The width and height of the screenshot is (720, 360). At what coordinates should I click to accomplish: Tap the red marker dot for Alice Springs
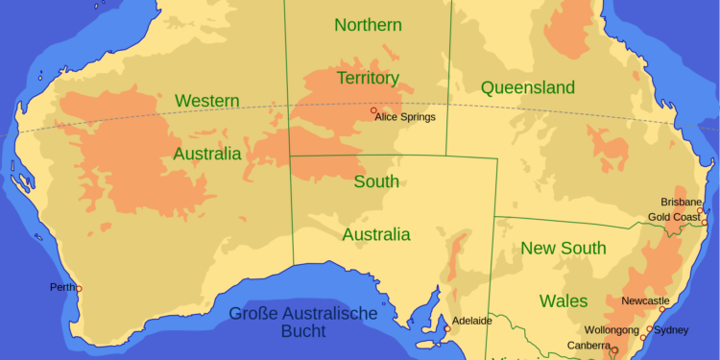373,110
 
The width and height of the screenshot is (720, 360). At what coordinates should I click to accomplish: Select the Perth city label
62,287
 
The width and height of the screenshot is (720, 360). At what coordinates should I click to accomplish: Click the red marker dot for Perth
79,288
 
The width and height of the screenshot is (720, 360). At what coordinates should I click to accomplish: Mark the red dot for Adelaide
447,329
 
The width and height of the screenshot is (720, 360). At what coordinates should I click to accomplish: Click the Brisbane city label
681,202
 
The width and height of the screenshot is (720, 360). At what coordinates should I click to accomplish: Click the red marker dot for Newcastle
661,309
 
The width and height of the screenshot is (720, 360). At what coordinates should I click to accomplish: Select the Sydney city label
671,330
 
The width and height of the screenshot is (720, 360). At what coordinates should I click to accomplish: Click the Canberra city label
588,345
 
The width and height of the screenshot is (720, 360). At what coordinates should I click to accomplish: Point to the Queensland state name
528,88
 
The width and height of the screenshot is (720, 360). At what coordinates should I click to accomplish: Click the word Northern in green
368,25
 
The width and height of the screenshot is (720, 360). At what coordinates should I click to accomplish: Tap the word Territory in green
368,78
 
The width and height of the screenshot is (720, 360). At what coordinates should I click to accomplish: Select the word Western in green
207,100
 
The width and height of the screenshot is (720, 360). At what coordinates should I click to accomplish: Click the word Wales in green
564,300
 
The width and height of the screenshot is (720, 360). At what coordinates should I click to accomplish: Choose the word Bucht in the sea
298,332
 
